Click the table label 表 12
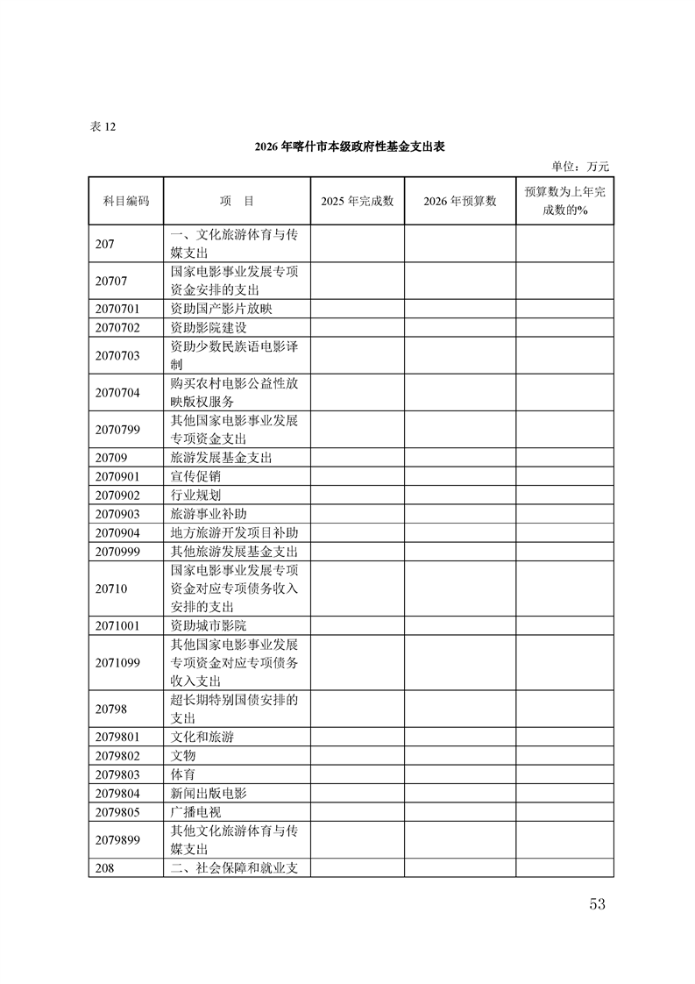(103, 126)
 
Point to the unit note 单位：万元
(579, 166)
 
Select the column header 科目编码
(125, 201)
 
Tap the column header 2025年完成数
(357, 201)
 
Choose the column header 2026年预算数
(459, 201)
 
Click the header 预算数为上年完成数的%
(564, 201)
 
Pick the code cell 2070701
(117, 309)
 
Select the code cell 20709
(111, 458)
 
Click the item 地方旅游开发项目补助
(234, 533)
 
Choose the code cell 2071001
(117, 626)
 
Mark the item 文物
(183, 756)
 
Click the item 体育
(183, 775)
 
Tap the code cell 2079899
(117, 839)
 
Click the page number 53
(598, 904)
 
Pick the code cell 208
(105, 867)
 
